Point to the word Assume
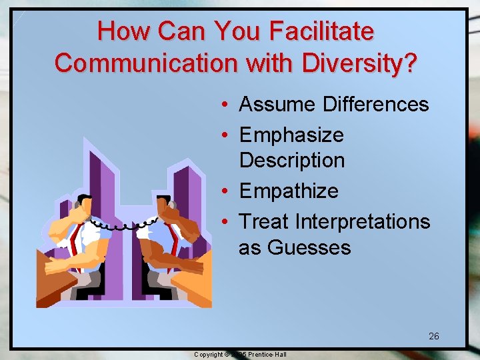click(x=277, y=104)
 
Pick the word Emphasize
click(x=291, y=135)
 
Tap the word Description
click(x=292, y=160)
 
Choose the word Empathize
click(x=289, y=191)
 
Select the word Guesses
click(x=309, y=247)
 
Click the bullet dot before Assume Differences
click(x=227, y=105)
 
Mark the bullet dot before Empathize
click(x=227, y=191)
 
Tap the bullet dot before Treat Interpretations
click(x=227, y=221)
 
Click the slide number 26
click(x=434, y=336)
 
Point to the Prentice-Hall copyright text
click(x=240, y=355)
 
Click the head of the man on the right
click(x=168, y=205)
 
